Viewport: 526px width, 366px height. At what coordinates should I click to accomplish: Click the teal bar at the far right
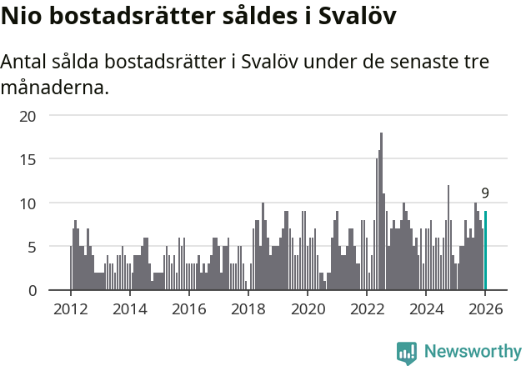(485, 251)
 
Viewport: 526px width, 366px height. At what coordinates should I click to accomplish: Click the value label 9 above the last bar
(485, 193)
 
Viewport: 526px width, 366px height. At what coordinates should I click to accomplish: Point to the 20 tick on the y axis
(28, 116)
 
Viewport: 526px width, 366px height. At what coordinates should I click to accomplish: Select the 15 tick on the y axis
(28, 159)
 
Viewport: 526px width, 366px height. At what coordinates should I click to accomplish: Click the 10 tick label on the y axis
(28, 203)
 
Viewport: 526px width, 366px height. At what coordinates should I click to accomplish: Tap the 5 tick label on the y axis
(33, 247)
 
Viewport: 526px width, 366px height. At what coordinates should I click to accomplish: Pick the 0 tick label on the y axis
(33, 290)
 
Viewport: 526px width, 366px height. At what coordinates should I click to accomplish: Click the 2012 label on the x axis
(70, 308)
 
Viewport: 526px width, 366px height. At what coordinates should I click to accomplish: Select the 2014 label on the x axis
(129, 308)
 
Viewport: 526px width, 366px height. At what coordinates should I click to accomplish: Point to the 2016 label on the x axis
(188, 308)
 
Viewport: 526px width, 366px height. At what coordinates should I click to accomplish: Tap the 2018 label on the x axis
(248, 308)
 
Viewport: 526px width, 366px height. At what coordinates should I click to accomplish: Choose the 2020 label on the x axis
(308, 308)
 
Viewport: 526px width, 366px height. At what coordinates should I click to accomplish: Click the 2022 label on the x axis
(367, 308)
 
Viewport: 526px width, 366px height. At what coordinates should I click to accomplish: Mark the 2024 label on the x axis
(426, 308)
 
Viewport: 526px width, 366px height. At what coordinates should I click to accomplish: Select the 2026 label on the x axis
(485, 308)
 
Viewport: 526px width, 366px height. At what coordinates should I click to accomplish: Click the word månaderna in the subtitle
(54, 86)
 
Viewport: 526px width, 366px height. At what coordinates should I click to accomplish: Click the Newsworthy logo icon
(406, 352)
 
